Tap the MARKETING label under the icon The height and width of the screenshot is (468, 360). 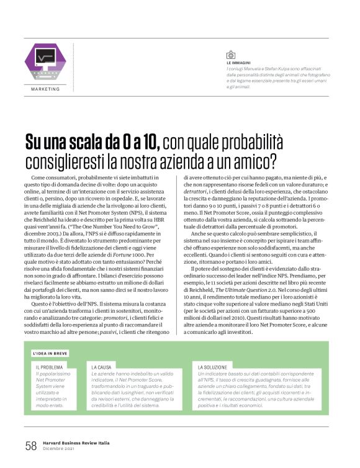tap(45, 89)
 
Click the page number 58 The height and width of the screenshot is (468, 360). tap(30, 446)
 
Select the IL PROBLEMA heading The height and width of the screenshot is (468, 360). tap(49, 367)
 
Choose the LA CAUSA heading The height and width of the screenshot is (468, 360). tap(103, 367)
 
